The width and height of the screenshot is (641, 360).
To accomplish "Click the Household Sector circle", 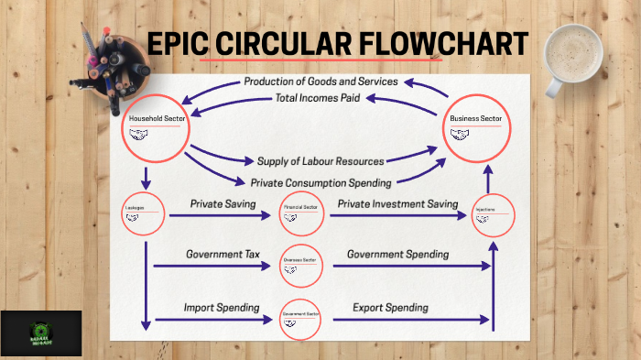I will (x=156, y=127).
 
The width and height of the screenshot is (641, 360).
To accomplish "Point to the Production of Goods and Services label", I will (x=320, y=82).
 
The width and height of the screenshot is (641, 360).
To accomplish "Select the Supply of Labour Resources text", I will (x=320, y=161).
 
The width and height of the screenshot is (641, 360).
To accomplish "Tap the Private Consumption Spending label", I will (x=320, y=181).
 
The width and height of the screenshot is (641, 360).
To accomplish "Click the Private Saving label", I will (x=223, y=202).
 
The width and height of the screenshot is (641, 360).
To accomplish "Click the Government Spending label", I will (x=397, y=254).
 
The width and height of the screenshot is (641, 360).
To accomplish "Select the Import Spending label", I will (x=221, y=307).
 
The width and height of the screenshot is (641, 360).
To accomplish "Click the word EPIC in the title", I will (x=181, y=44).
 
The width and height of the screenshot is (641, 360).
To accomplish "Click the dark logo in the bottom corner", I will (x=41, y=333).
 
